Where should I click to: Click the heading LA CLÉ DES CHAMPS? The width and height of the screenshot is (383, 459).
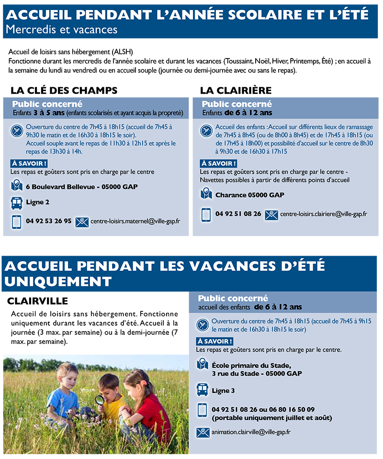pyautogui.click(x=64, y=91)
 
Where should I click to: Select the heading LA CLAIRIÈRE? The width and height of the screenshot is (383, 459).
pyautogui.click(x=236, y=91)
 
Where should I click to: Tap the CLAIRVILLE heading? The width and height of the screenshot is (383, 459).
pyautogui.click(x=37, y=301)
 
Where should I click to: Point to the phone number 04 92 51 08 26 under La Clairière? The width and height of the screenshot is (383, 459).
pyautogui.click(x=238, y=214)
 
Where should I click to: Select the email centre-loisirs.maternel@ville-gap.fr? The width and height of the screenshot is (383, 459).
pyautogui.click(x=135, y=222)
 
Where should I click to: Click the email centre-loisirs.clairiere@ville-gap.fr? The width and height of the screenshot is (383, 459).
pyautogui.click(x=323, y=214)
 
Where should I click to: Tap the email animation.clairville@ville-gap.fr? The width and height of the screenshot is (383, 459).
pyautogui.click(x=251, y=432)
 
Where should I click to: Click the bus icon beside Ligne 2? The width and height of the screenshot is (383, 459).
pyautogui.click(x=16, y=202)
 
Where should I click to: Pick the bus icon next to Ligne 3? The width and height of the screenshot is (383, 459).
pyautogui.click(x=203, y=390)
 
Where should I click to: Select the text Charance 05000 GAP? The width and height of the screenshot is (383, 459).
pyautogui.click(x=249, y=195)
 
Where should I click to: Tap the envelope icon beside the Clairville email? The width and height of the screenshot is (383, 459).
pyautogui.click(x=203, y=432)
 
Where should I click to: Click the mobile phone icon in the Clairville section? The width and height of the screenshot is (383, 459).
pyautogui.click(x=203, y=411)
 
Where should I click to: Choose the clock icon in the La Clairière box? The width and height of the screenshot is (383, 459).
pyautogui.click(x=206, y=130)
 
